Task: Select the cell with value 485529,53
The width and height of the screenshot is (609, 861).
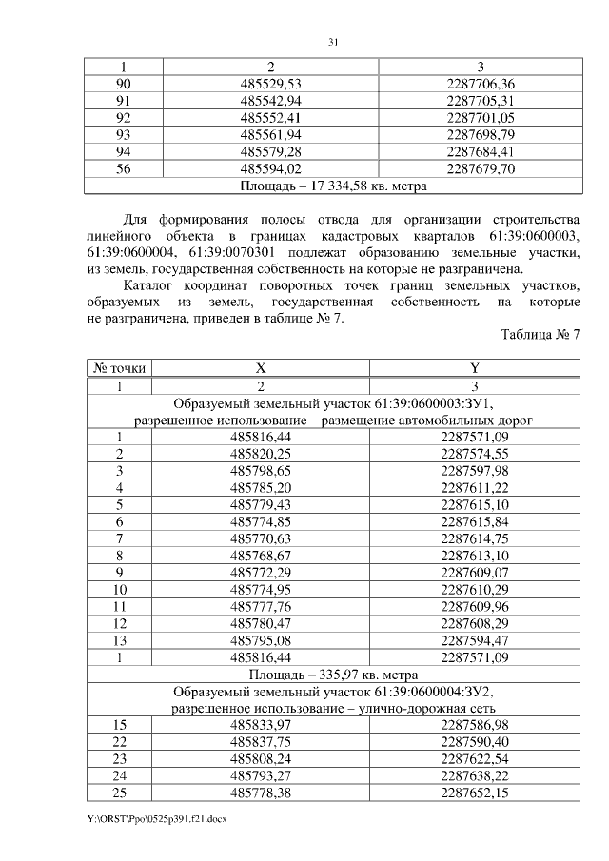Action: (271, 84)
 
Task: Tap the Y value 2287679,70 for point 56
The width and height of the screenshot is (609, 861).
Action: (480, 169)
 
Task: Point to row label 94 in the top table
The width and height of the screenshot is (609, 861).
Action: (122, 152)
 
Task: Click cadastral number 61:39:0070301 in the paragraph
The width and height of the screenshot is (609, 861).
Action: (237, 252)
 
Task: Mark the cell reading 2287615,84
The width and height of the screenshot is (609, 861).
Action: (476, 522)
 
